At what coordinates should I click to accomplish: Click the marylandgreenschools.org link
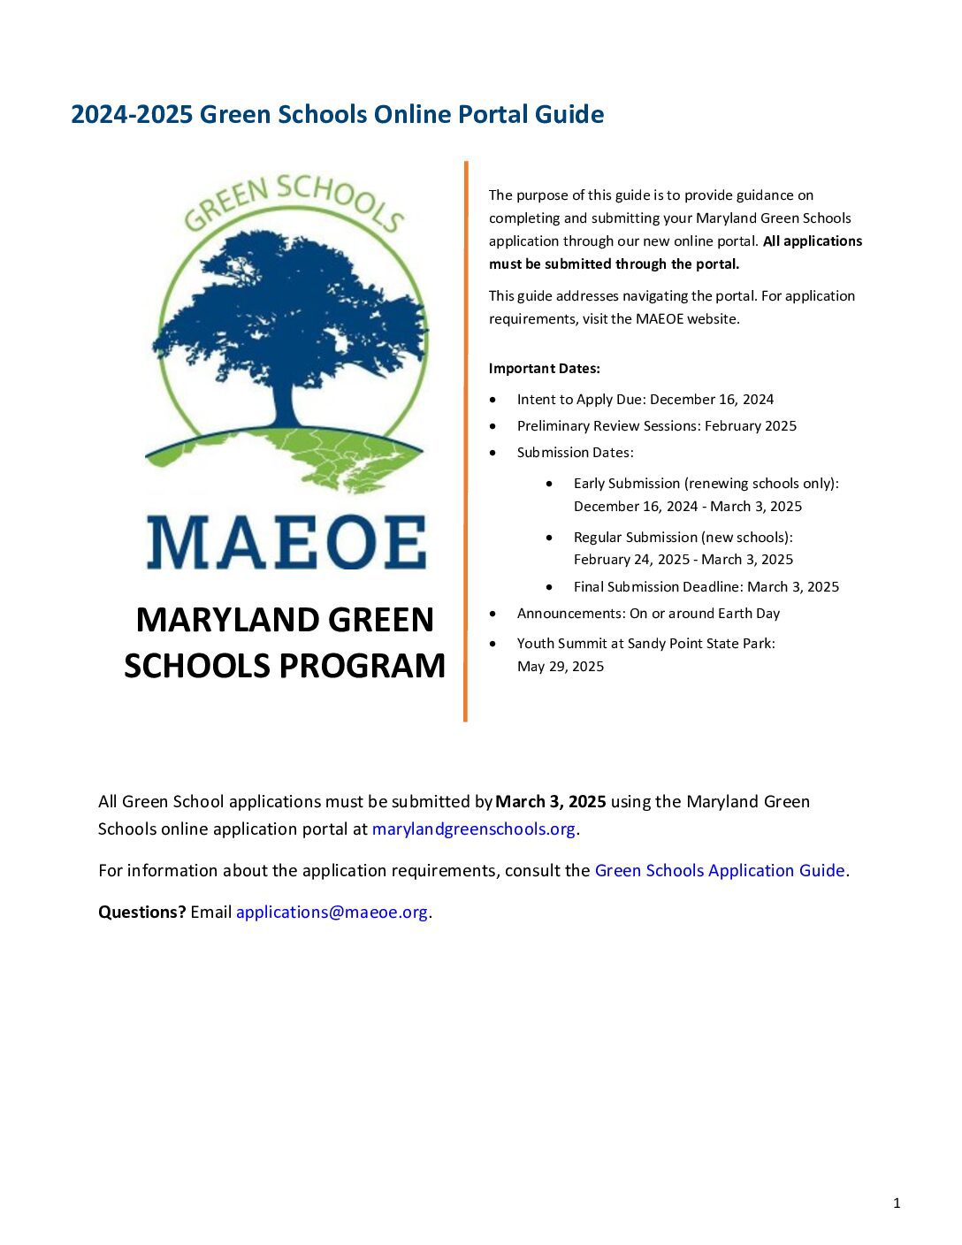475,829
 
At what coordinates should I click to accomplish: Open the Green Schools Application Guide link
719,871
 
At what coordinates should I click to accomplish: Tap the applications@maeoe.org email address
332,913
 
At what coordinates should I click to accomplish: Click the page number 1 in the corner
897,1203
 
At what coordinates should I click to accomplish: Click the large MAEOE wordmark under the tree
286,542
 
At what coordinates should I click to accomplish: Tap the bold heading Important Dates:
544,369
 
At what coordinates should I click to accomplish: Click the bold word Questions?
141,913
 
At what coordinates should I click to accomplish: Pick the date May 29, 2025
561,667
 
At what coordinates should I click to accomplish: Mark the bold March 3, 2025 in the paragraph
551,802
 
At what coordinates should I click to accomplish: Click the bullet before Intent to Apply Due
492,400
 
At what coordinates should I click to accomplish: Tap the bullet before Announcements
492,614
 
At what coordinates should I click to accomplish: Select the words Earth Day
750,614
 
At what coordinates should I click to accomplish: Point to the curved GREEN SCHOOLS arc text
293,199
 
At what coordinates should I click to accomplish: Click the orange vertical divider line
465,442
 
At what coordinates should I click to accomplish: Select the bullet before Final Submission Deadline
550,587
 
